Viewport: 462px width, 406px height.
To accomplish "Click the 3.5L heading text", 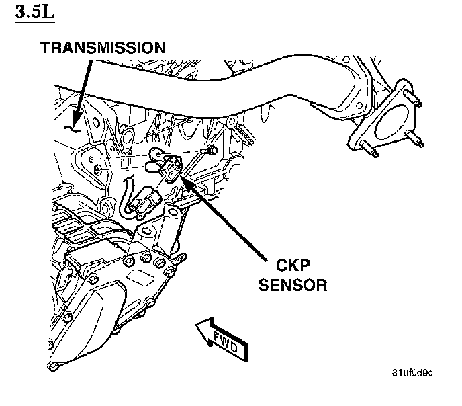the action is coord(36,13).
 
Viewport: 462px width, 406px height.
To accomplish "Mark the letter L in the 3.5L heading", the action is coord(48,13).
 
